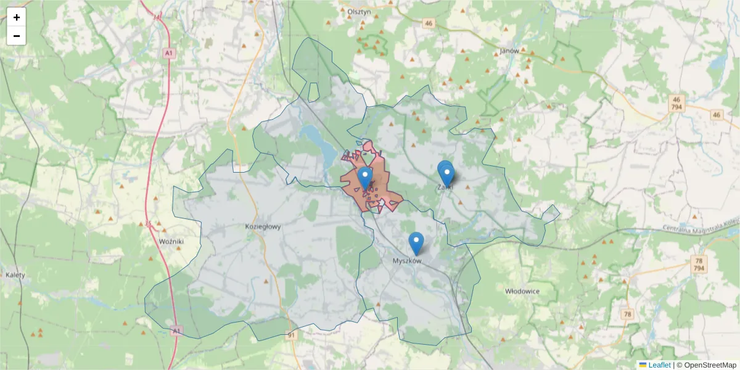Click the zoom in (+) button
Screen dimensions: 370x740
17,17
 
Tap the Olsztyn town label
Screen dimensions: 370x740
358,11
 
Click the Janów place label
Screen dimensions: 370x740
509,51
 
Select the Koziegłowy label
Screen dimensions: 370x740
263,226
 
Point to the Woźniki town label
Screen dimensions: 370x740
171,240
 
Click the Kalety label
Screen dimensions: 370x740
15,275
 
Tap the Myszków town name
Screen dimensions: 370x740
407,261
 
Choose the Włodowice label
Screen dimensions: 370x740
522,290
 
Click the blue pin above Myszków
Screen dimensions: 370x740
416,242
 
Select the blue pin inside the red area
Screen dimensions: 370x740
365,178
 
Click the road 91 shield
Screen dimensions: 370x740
292,335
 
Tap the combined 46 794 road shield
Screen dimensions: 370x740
676,103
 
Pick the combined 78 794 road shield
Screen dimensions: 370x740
699,264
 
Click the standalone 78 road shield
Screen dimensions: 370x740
628,314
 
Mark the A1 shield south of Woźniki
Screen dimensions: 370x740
177,331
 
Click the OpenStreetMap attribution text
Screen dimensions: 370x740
707,365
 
